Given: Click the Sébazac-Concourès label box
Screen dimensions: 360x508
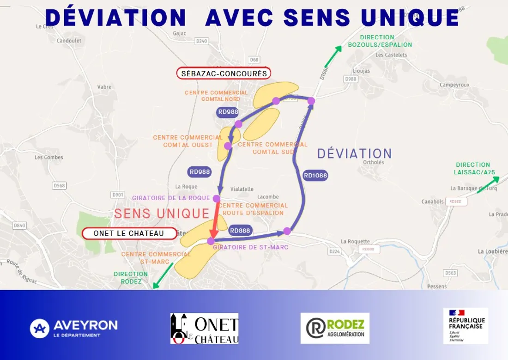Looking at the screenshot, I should point(224,73).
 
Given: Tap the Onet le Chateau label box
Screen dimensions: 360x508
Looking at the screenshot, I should point(129,233).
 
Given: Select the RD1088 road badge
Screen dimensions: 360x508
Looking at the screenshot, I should point(315,175).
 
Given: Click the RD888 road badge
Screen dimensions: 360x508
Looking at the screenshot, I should point(240,231).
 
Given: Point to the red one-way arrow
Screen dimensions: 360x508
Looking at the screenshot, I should point(214,220).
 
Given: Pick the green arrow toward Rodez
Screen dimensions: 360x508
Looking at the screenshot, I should point(163,275).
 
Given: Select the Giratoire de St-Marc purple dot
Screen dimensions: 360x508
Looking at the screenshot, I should point(211,241).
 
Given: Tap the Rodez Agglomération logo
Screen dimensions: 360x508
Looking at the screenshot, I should point(335,328).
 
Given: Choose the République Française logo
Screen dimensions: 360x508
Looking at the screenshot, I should point(466,325).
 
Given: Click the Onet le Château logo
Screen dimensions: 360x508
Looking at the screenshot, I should point(204,329).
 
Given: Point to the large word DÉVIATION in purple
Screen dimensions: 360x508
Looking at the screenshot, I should point(355,153).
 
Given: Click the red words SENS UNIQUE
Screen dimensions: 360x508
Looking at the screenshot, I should point(162,213).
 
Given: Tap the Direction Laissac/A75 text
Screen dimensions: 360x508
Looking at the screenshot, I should point(473,168).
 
